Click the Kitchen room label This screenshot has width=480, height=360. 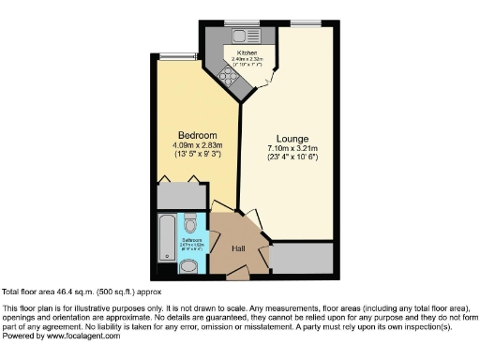point(247,52)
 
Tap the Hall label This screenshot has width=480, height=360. point(239,248)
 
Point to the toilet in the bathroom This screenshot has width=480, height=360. point(190,224)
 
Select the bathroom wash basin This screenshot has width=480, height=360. point(190,266)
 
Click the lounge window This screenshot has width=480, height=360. point(302,22)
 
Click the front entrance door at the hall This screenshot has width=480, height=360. point(239,275)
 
